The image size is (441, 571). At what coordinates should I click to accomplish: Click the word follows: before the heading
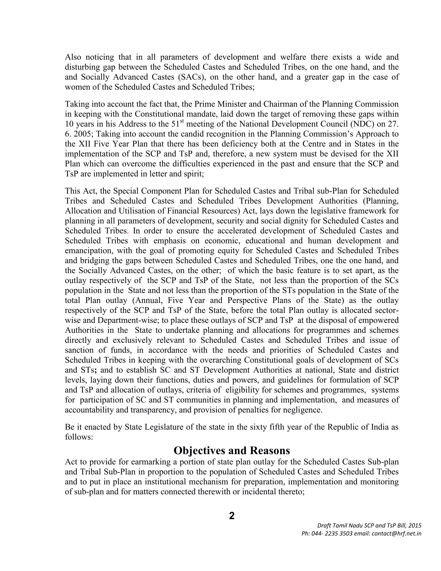[x=79, y=437]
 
